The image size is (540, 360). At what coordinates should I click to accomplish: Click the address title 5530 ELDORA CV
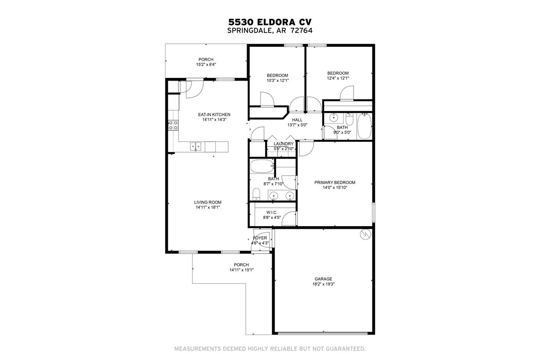[270, 22]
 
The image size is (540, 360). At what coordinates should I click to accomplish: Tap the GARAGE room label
[323, 279]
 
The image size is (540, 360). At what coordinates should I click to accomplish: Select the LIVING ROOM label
[207, 202]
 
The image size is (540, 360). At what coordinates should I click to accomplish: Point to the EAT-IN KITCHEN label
[214, 115]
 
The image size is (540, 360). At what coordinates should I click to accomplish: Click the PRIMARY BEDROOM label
[335, 182]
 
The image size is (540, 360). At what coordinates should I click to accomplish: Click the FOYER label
[260, 238]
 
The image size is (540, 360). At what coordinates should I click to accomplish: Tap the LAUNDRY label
[284, 144]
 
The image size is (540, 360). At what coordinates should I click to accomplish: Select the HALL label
[297, 120]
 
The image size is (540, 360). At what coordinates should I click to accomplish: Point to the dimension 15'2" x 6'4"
[206, 65]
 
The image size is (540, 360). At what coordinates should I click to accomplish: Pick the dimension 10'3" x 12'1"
[277, 81]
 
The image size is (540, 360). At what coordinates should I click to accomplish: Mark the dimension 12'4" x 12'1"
[338, 78]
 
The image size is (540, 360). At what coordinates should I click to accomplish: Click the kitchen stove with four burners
[173, 125]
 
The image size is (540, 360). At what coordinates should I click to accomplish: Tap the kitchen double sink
[196, 146]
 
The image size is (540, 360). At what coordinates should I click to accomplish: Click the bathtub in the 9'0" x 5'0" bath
[364, 126]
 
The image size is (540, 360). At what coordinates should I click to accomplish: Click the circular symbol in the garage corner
[365, 234]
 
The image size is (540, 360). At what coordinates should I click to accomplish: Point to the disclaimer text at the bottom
[270, 348]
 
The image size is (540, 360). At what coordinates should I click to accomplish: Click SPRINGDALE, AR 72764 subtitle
[270, 30]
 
